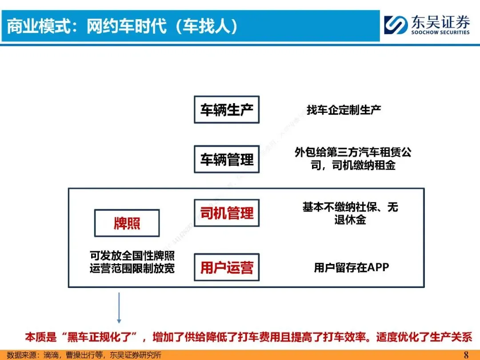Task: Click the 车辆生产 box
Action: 227,110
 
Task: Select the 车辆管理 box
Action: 227,159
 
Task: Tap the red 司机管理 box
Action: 227,213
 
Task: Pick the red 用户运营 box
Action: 227,267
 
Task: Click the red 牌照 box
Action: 127,223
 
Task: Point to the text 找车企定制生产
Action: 344,110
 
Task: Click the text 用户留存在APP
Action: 351,268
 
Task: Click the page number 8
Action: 466,355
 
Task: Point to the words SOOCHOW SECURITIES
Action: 440,32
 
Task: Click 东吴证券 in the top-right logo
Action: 440,21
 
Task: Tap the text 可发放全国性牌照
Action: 132,256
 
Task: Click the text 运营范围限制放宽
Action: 132,268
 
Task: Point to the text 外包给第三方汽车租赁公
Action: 353,152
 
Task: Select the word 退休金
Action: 350,220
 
